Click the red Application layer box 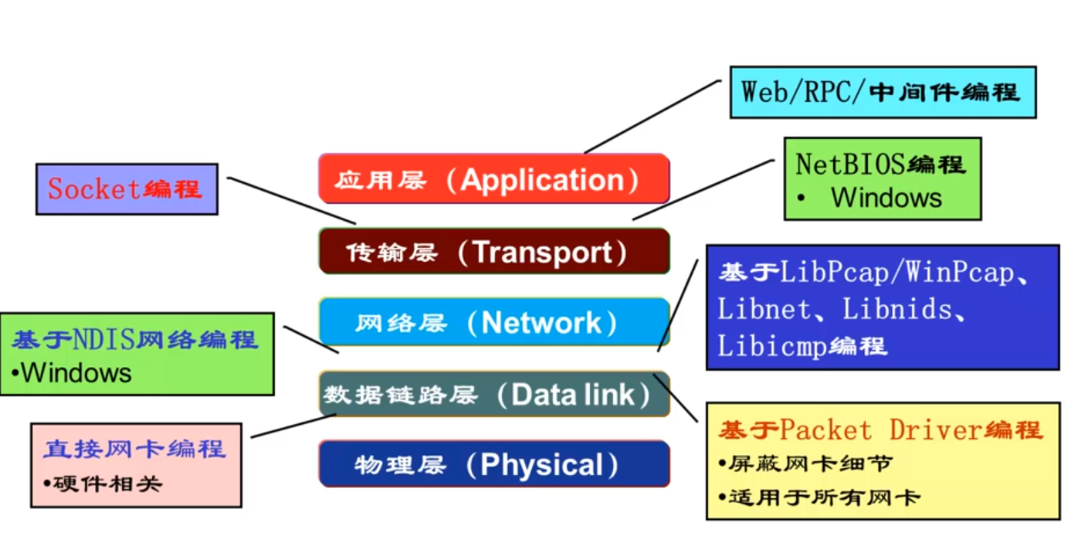(493, 179)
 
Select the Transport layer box (493, 252)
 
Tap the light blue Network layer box (493, 322)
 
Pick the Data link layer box (493, 394)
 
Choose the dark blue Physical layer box (493, 464)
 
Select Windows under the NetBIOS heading (886, 198)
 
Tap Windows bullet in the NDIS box (76, 373)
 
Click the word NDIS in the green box (104, 339)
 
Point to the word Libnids (896, 309)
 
